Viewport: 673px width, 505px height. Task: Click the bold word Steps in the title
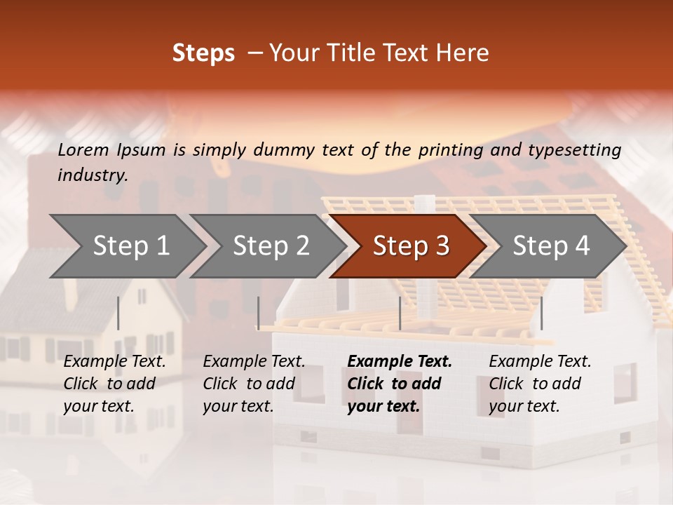click(203, 53)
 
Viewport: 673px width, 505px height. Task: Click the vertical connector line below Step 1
click(118, 313)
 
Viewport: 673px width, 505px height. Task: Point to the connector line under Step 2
click(259, 313)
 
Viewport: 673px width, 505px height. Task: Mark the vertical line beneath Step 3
click(400, 313)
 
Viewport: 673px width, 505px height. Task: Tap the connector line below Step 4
click(542, 313)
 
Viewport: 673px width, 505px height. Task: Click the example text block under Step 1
click(114, 384)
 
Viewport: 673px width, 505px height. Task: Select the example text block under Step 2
click(254, 384)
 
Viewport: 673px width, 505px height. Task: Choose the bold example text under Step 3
click(400, 384)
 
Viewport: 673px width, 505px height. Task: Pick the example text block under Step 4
click(540, 384)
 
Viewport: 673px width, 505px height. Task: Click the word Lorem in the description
click(83, 149)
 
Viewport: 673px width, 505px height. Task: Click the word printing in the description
click(450, 149)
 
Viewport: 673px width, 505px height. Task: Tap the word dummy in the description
click(284, 149)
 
